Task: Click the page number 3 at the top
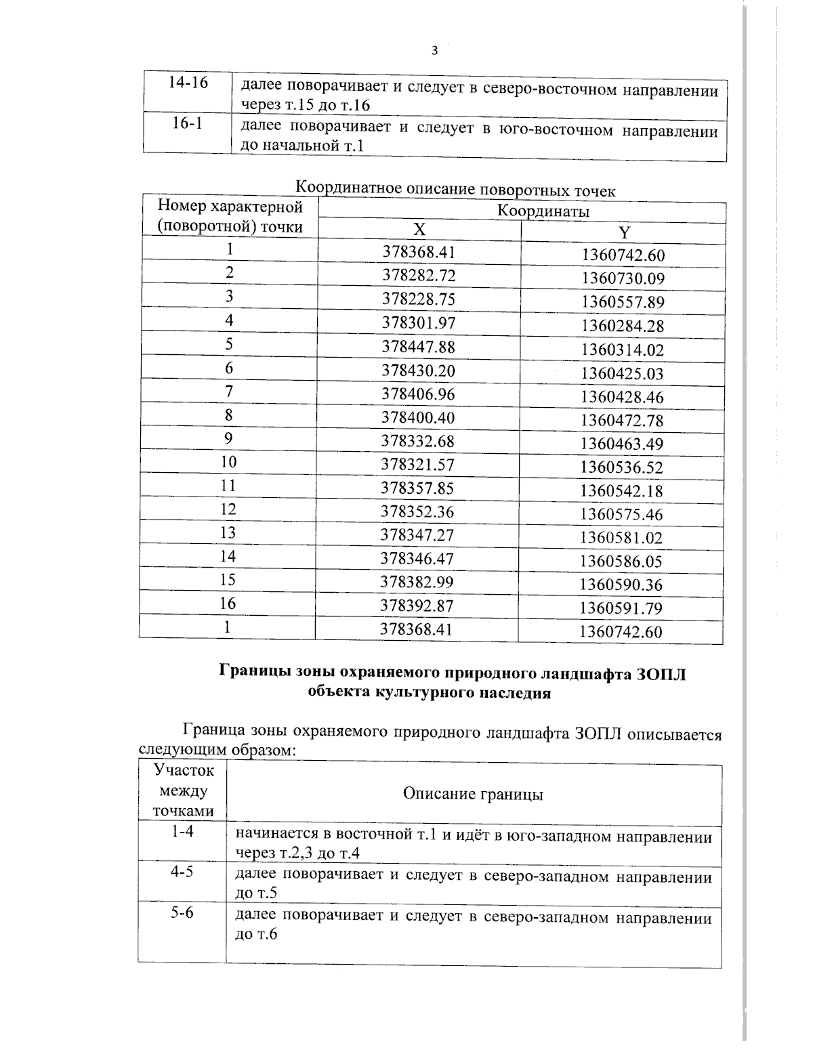[x=434, y=51]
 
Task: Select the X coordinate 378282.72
[x=419, y=276]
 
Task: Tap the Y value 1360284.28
[x=622, y=327]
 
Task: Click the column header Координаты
[x=543, y=211]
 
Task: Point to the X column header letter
[x=419, y=230]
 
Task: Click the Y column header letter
[x=624, y=233]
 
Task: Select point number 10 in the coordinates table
[x=228, y=462]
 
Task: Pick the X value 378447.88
[x=419, y=347]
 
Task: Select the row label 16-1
[x=188, y=124]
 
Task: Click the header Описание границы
[x=473, y=794]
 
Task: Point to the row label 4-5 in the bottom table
[x=182, y=872]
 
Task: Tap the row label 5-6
[x=182, y=913]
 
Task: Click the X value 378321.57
[x=417, y=465]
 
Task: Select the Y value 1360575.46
[x=621, y=514]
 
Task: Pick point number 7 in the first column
[x=229, y=391]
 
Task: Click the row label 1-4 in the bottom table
[x=182, y=831]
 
